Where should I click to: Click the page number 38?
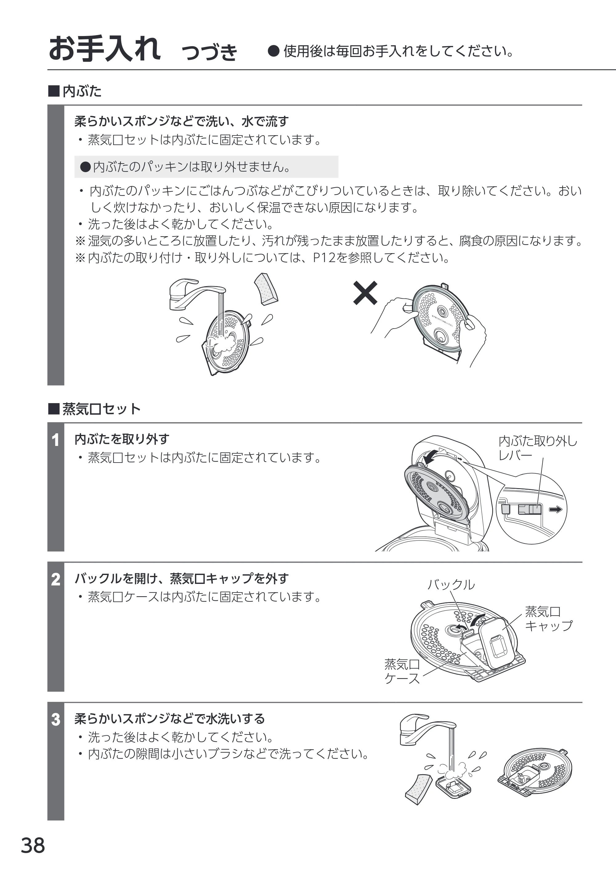point(33,845)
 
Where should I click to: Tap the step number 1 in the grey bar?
point(55,440)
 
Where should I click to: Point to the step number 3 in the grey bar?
point(55,719)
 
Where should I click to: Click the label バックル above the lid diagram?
point(451,585)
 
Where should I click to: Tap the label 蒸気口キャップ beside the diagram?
point(548,619)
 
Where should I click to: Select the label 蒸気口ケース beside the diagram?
point(402,671)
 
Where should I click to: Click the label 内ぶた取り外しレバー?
point(537,448)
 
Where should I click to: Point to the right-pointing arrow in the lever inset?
point(556,509)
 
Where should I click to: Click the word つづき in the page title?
point(210,52)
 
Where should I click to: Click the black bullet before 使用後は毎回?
point(274,51)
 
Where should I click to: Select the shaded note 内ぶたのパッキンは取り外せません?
point(206,167)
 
